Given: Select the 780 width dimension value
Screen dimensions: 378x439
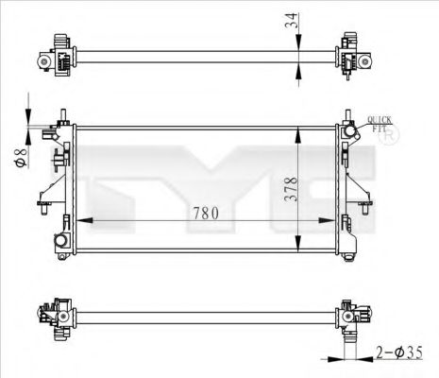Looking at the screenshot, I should (207, 213).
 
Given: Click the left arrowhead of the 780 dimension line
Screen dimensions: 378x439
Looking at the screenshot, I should (79, 222).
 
